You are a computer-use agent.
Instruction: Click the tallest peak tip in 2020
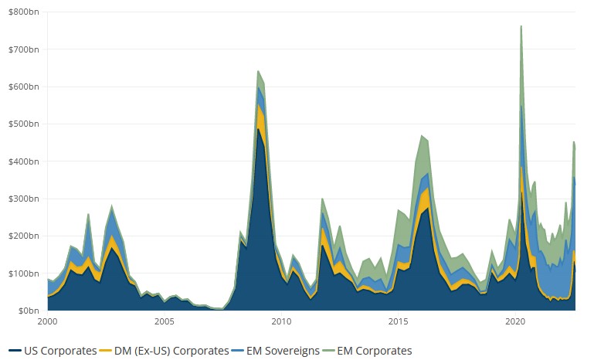pyautogui.click(x=521, y=25)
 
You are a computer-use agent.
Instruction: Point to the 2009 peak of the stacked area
pyautogui.click(x=258, y=71)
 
